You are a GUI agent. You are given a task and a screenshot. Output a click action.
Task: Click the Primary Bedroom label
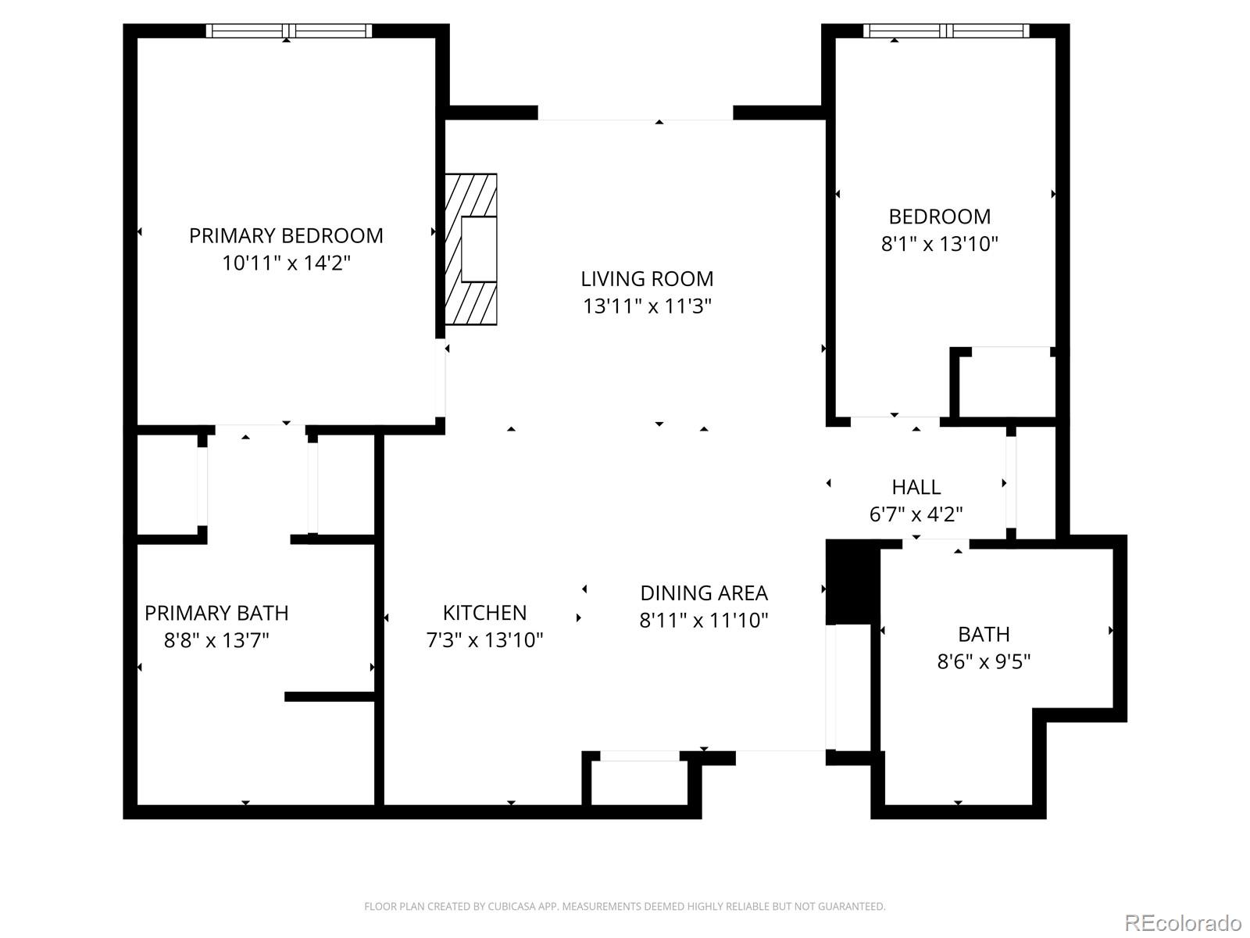click(286, 236)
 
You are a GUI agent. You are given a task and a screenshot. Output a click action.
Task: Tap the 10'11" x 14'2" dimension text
click(286, 263)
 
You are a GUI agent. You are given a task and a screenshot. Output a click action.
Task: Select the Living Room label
click(647, 279)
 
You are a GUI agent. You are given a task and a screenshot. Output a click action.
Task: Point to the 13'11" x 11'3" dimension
click(647, 306)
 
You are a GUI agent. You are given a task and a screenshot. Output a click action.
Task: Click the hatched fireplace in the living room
click(470, 249)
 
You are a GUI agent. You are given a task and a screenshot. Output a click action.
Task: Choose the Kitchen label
click(484, 613)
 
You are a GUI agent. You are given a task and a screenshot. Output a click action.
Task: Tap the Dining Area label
click(704, 593)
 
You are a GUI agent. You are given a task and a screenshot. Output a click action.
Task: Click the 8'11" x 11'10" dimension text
click(704, 620)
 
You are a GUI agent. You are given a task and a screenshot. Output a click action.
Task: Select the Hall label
click(916, 488)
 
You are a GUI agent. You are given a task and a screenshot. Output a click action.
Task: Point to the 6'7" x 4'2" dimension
click(916, 515)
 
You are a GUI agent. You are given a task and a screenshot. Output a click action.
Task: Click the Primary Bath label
click(216, 614)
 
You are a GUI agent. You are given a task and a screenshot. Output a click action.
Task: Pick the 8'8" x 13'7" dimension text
click(216, 641)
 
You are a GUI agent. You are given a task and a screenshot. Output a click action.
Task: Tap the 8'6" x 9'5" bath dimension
click(984, 662)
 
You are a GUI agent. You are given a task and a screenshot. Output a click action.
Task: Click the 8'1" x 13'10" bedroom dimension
click(940, 245)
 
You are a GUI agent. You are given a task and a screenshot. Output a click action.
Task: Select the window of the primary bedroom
click(289, 30)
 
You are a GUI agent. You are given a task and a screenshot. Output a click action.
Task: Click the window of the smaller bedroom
click(946, 30)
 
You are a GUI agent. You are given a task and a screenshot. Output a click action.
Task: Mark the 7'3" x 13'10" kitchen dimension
click(484, 640)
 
